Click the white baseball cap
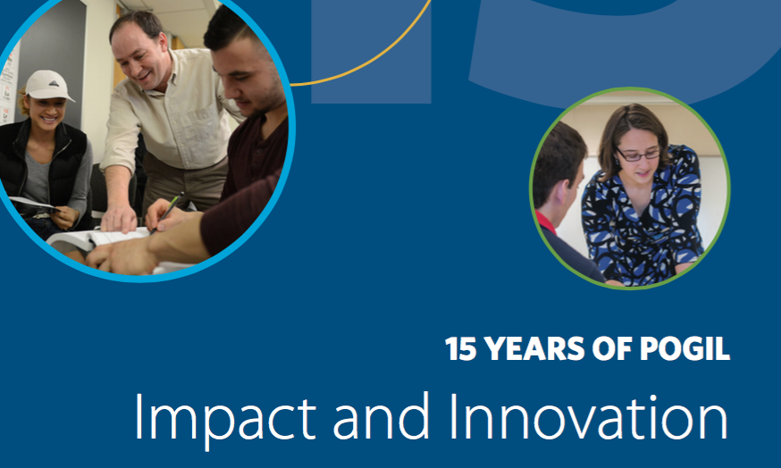(x=48, y=85)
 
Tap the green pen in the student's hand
(x=167, y=213)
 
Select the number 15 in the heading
(x=461, y=348)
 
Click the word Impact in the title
(x=225, y=417)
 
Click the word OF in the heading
(x=611, y=348)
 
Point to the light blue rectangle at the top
(x=371, y=52)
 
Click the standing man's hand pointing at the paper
(x=118, y=219)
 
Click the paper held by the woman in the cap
(x=33, y=204)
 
